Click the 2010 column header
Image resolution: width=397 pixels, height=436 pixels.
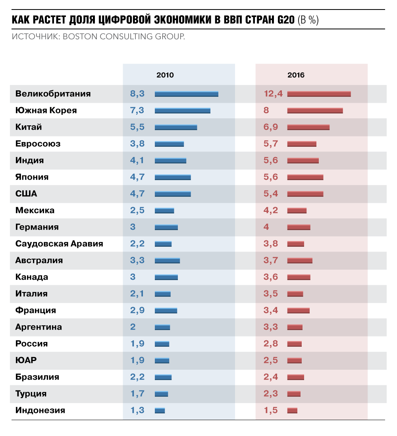pos(165,75)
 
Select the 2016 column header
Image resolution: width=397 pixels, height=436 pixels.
pos(296,75)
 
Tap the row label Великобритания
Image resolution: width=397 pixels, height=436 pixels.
pos(53,94)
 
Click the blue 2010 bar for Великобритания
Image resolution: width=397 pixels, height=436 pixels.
pos(186,94)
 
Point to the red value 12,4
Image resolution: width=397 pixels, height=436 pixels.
pos(273,94)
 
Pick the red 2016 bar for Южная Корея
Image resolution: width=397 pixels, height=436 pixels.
pos(315,111)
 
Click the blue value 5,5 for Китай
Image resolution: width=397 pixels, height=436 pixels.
pos(137,127)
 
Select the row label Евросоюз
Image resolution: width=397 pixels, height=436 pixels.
pos(38,144)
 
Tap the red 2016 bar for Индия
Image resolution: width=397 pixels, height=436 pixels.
pos(303,161)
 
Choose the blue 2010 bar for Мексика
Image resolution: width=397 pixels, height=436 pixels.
pos(164,211)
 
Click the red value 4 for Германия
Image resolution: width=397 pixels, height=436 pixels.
pos(266,227)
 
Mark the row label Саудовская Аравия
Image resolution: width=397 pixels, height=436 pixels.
pos(59,244)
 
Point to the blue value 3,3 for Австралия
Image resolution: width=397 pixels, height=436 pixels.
pos(137,261)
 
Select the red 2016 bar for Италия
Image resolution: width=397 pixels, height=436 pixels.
pos(295,294)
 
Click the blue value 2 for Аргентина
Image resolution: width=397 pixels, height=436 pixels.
pos(133,327)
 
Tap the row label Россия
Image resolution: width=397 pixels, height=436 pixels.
pos(31,344)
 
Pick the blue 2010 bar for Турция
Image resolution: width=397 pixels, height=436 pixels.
pos(161,394)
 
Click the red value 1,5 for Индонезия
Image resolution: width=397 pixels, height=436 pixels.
pos(271,411)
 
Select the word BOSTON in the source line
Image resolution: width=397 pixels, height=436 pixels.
pos(81,37)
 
